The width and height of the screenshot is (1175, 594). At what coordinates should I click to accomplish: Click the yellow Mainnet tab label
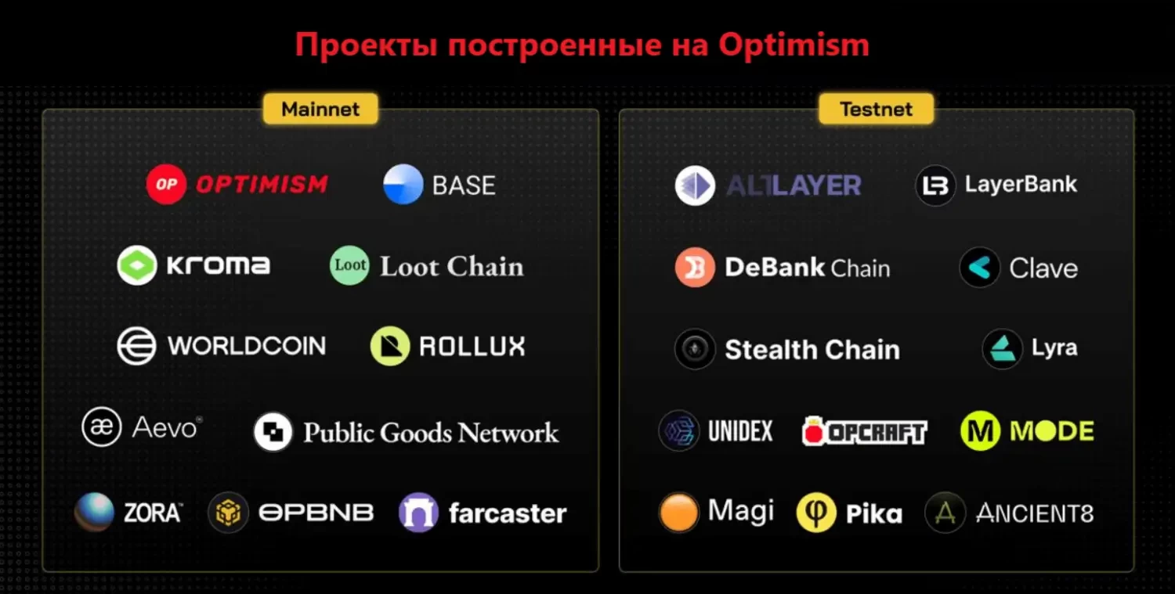coord(320,109)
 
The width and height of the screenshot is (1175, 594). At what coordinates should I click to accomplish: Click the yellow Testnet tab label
coord(876,109)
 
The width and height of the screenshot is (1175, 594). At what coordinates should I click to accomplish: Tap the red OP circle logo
coord(166,184)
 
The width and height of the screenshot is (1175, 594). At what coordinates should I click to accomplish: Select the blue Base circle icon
coord(403,184)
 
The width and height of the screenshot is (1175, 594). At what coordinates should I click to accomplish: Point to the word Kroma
coord(219,265)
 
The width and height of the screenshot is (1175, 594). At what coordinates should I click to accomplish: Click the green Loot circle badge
coord(349,265)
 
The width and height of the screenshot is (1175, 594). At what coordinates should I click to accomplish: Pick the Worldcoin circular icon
coord(136,346)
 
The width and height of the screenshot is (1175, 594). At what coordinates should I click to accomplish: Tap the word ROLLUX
coord(472,346)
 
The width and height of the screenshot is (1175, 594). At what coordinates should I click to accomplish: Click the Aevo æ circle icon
coord(101,427)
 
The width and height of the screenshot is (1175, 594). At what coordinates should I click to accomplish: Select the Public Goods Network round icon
coord(273,431)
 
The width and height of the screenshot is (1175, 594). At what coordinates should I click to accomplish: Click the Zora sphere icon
coord(95,512)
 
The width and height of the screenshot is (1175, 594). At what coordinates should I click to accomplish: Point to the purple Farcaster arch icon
coord(418,512)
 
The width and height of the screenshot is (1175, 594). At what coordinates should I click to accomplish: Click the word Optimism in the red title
coord(794,45)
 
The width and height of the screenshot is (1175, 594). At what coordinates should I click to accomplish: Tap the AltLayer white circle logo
coord(695,185)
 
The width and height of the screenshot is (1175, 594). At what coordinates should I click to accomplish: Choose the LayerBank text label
coord(1021,185)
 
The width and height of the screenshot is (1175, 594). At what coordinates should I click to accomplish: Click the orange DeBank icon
coord(695,267)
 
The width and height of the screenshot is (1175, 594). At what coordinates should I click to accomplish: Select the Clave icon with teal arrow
coord(979,268)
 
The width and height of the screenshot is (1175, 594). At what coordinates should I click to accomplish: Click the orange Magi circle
coord(678,512)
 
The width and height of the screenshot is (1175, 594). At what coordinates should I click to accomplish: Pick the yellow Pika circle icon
coord(816,512)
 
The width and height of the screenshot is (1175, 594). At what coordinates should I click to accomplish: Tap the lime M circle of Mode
coord(980,431)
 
